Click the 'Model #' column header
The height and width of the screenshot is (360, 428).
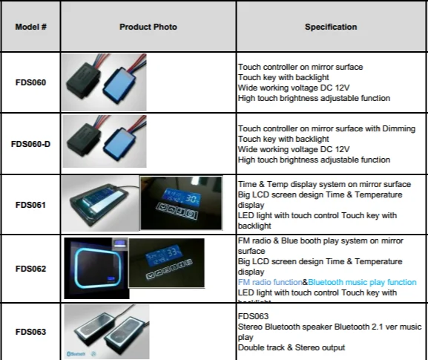[x=31, y=27]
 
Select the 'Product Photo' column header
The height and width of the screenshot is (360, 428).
[x=148, y=27]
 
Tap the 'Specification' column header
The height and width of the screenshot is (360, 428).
[x=330, y=27]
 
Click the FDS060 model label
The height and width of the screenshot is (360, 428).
[x=30, y=82]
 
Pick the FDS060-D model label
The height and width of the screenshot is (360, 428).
[x=30, y=144]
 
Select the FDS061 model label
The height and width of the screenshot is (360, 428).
[x=30, y=205]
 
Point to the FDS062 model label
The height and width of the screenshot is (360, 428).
[x=30, y=268]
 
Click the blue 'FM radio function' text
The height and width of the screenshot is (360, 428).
[x=269, y=283]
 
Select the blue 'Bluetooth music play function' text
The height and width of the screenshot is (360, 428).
[x=362, y=283]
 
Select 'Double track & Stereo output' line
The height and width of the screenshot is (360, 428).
[x=291, y=347]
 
